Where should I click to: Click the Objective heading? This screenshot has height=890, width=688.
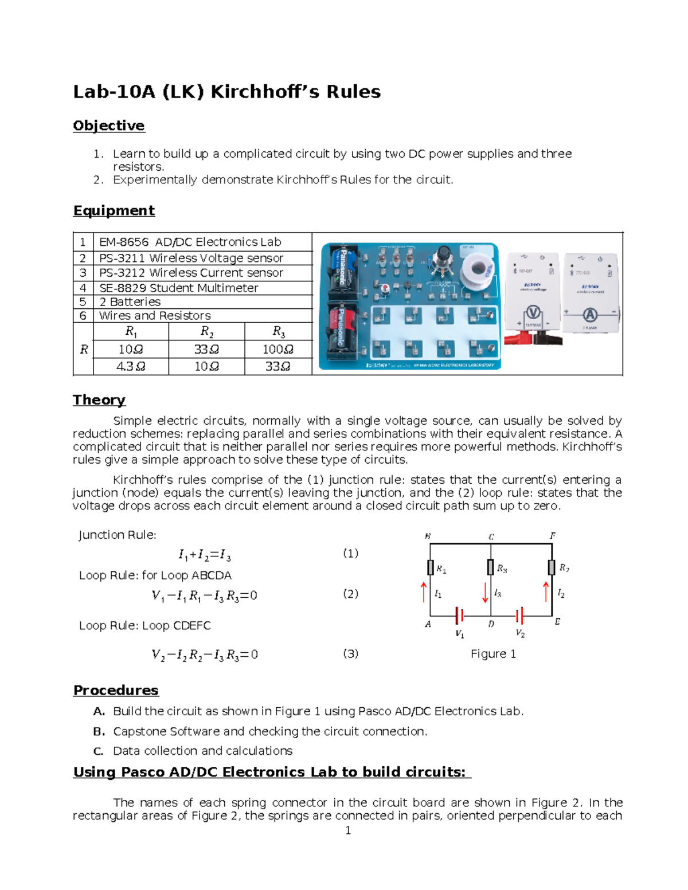[108, 126]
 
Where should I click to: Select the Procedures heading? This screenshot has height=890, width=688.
[115, 690]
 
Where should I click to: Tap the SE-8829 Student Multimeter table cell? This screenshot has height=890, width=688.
[178, 288]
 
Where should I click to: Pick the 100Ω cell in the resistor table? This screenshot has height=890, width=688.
[277, 349]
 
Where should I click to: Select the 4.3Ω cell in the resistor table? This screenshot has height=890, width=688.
[131, 366]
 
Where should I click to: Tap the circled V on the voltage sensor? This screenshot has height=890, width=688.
[533, 313]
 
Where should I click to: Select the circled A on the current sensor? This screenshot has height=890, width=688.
[589, 314]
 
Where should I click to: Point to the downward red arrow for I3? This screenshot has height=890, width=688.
[485, 593]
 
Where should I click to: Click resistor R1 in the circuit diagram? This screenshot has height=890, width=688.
[431, 567]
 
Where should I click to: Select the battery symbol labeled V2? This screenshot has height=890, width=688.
[519, 616]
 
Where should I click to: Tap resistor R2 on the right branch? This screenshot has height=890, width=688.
[552, 567]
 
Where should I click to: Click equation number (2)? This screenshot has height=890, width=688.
[350, 594]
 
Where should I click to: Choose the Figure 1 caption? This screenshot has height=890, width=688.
[493, 654]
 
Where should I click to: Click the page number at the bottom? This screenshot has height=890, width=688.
[347, 830]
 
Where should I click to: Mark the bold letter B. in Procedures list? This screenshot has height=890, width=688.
[99, 732]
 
